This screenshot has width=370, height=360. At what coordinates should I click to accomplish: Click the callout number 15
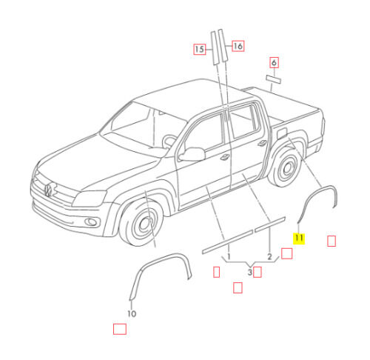click(200, 49)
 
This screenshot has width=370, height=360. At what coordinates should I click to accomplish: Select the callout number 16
click(238, 46)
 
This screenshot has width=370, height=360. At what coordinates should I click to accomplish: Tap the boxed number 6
click(274, 62)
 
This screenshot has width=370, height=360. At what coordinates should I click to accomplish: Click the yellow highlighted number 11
click(299, 239)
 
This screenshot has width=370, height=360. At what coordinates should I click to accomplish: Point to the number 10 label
click(132, 314)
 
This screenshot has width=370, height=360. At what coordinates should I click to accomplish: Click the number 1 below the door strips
click(229, 256)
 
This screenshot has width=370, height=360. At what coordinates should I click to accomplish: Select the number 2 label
click(269, 257)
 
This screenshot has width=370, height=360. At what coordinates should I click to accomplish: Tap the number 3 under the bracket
click(250, 273)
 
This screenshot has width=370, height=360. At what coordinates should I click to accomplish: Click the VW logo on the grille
click(48, 190)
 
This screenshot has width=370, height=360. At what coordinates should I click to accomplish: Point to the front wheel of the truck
click(141, 223)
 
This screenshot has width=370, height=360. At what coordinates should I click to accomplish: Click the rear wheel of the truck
click(286, 167)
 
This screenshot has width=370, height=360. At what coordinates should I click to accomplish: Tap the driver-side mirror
click(192, 155)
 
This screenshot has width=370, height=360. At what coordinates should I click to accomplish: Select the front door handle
click(225, 157)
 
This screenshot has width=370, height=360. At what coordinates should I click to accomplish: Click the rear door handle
click(261, 143)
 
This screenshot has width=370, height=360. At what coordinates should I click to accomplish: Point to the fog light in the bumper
click(91, 222)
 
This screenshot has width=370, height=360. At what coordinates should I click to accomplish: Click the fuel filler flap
click(282, 133)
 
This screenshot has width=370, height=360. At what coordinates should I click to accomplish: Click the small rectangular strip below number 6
click(273, 79)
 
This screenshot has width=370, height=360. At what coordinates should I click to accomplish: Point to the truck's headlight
click(89, 199)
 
